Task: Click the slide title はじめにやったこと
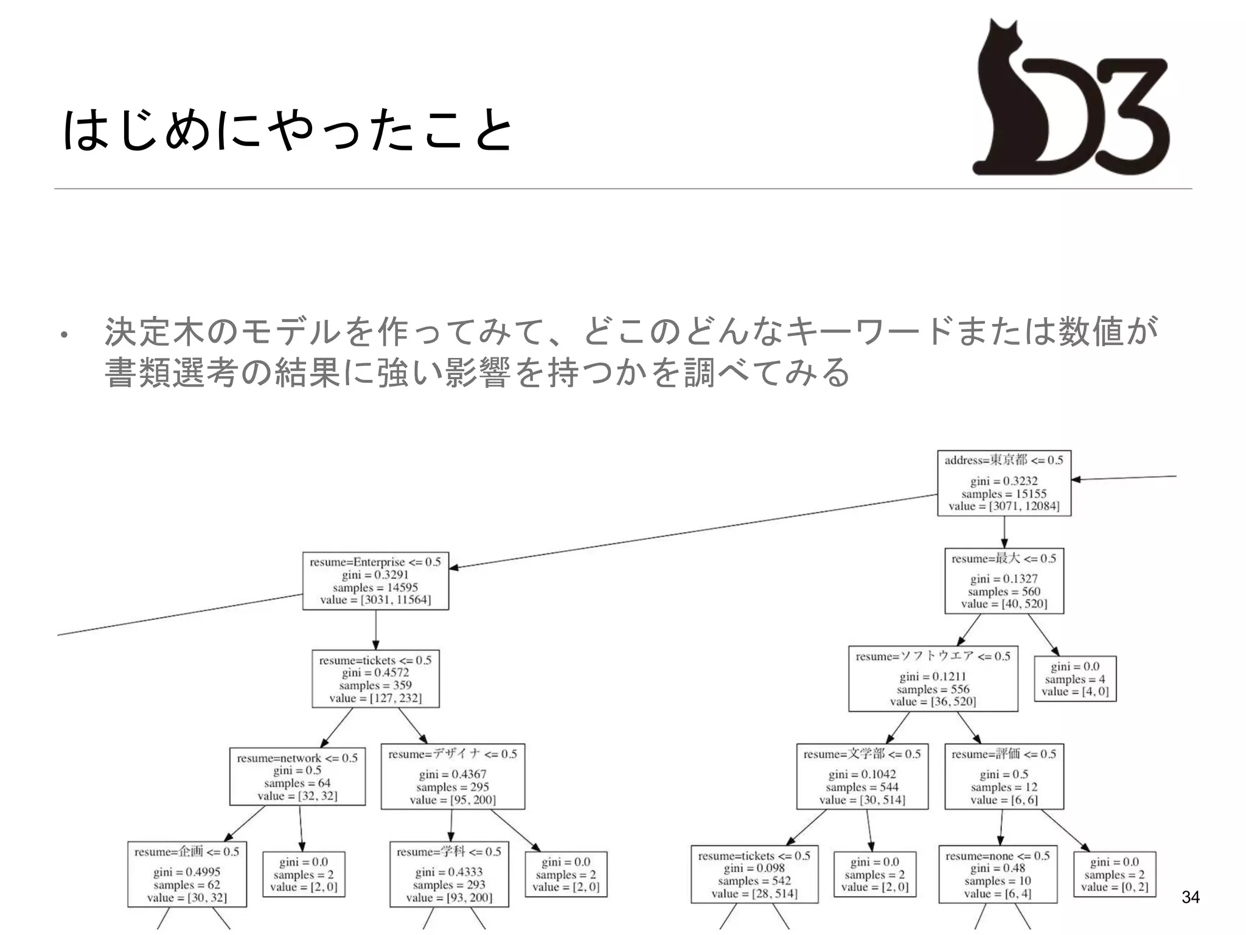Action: [x=287, y=130]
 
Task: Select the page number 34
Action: [x=1190, y=897]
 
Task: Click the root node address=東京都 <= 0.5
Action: [x=1004, y=483]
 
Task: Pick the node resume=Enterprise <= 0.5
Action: [x=375, y=581]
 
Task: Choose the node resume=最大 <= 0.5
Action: [x=1004, y=581]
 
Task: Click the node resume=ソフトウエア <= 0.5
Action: [x=933, y=679]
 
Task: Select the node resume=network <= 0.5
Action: [x=298, y=776]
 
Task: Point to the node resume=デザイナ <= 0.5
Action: [x=453, y=776]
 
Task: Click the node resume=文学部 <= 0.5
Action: [x=862, y=776]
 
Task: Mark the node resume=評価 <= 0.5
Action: [x=1004, y=776]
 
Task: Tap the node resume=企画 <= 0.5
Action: [x=187, y=874]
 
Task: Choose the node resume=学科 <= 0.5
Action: [x=449, y=874]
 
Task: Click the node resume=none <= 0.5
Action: [x=998, y=874]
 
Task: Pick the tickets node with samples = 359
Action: [x=375, y=679]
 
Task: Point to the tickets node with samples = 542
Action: [x=754, y=874]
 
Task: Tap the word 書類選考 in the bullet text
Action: [x=171, y=373]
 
